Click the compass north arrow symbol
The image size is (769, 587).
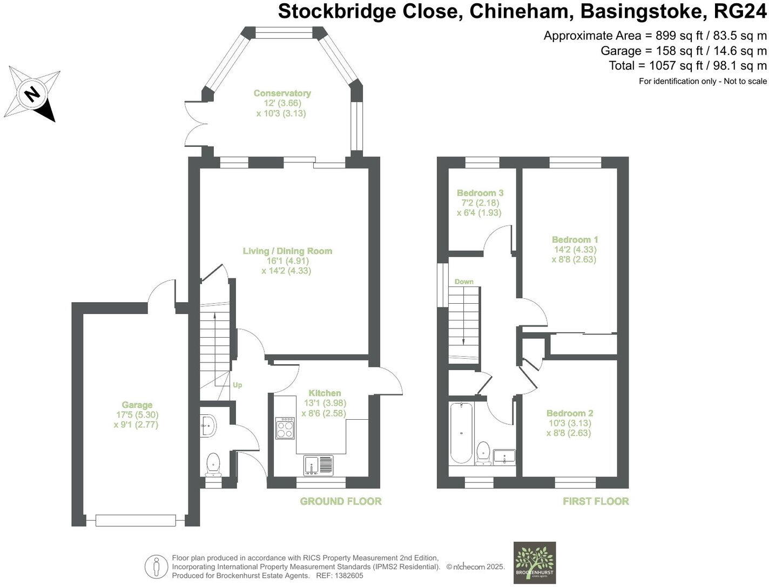[x=32, y=94]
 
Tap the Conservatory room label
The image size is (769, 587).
[x=282, y=93]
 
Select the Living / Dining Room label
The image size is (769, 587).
[x=287, y=251]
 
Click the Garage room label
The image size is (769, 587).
[x=137, y=405]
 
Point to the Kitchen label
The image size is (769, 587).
[x=325, y=393]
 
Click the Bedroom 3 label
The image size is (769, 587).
[x=480, y=193]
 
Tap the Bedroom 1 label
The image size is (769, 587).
[x=575, y=240]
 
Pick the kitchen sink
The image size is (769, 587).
[x=319, y=465]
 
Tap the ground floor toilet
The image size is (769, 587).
[x=214, y=465]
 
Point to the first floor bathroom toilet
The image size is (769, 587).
[x=483, y=453]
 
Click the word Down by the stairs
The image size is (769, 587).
[x=464, y=282]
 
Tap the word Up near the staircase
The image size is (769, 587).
[x=237, y=385]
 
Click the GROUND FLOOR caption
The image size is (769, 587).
[x=341, y=501]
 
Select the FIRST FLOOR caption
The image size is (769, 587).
[x=596, y=501]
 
